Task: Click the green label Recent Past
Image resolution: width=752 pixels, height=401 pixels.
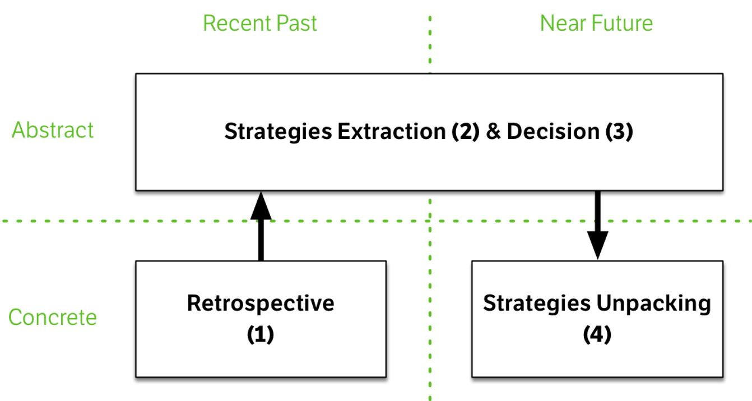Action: [260, 24]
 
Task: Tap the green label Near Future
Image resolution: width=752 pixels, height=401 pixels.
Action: [596, 24]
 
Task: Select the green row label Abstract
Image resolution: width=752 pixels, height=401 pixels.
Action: [53, 130]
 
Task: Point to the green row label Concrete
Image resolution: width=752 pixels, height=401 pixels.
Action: [53, 317]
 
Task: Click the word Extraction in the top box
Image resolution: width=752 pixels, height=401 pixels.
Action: [390, 131]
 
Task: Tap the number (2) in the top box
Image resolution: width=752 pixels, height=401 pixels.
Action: [462, 131]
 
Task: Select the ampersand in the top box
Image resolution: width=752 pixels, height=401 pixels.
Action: [493, 131]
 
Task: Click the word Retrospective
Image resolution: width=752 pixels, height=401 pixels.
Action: [261, 303]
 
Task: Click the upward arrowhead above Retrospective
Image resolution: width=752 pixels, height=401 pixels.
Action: [261, 208]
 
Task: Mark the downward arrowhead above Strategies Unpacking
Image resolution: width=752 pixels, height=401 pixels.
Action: [597, 247]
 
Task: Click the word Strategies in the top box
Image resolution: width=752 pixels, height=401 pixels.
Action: [278, 131]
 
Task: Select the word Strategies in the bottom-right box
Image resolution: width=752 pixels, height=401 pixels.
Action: [536, 303]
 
